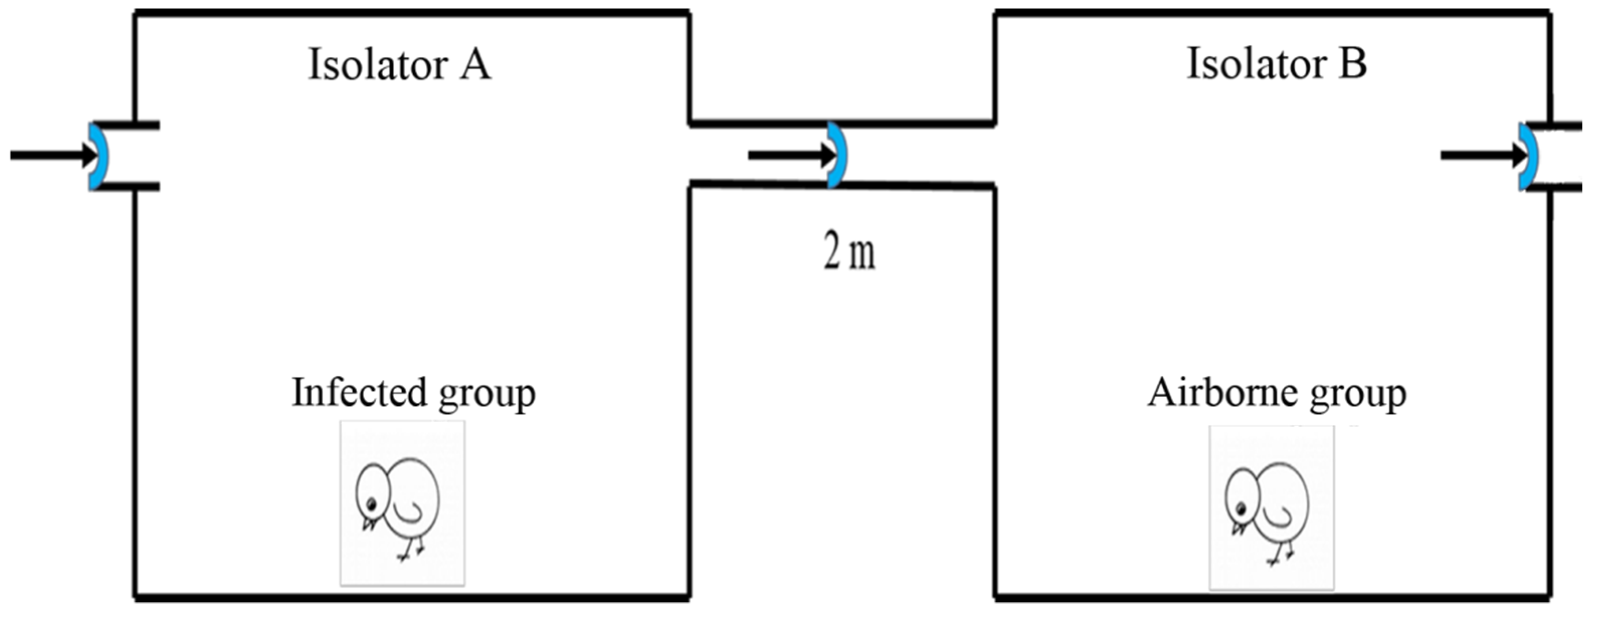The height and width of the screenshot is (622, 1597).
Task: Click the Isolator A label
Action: [x=399, y=65]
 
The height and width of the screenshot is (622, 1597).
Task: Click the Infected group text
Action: [x=414, y=393]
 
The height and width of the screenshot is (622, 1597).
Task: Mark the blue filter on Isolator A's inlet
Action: [x=99, y=156]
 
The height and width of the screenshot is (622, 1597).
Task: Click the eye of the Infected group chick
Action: [x=371, y=503]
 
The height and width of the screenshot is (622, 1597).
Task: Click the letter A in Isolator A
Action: [x=475, y=65]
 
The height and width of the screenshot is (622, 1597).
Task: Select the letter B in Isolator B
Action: [x=1352, y=64]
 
